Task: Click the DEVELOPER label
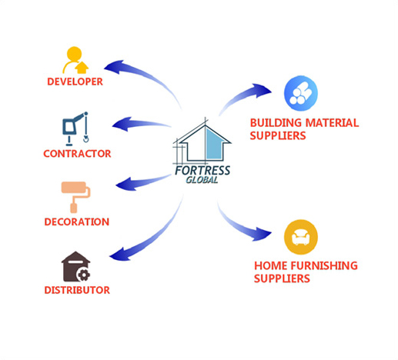pos(75,82)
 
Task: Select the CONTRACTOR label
pos(77,154)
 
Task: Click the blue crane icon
pos(75,128)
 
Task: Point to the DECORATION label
pos(77,222)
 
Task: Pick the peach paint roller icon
pos(75,197)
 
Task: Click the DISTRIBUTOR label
pos(77,290)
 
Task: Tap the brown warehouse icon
pos(75,267)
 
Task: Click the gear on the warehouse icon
pos(84,275)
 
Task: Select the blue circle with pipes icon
pos(301,93)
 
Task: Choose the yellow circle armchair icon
pos(301,237)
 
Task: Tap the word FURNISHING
pos(324,265)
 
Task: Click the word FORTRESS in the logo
pos(202,171)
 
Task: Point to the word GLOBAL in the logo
pos(202,180)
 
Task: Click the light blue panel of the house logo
pos(214,143)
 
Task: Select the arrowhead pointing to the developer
pos(113,67)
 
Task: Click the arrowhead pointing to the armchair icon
pos(262,233)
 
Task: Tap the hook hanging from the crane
pos(86,138)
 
